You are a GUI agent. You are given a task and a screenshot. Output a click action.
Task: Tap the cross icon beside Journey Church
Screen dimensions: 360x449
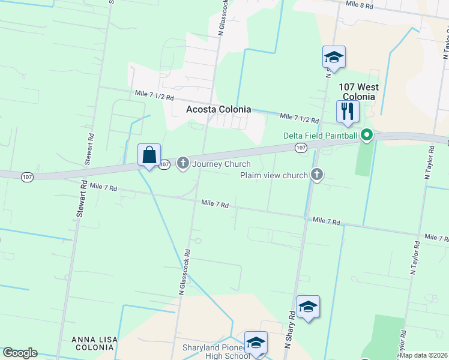(x=183, y=163)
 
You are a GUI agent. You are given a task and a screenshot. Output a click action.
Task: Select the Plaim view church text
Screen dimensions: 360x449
(x=274, y=175)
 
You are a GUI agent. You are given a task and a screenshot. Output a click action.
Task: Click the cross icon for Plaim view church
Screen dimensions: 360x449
(x=317, y=175)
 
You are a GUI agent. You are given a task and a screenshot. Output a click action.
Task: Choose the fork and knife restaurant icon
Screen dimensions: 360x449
(x=347, y=111)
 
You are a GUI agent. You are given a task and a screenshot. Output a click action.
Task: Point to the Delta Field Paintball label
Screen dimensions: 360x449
(x=321, y=136)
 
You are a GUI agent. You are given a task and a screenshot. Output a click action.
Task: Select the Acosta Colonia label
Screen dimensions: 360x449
(x=218, y=109)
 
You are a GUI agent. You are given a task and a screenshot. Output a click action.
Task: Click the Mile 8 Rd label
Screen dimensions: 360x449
(x=360, y=5)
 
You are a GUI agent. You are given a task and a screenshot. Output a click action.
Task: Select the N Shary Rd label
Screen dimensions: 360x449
(x=289, y=329)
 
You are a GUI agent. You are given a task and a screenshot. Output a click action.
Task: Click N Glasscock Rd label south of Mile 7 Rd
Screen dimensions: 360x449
(x=184, y=272)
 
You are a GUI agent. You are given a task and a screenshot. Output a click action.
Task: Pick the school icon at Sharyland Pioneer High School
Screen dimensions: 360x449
(x=256, y=343)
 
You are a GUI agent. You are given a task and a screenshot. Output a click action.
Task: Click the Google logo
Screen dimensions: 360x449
(x=20, y=353)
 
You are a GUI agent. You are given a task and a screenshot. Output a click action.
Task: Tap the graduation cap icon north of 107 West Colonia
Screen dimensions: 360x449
(x=334, y=57)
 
